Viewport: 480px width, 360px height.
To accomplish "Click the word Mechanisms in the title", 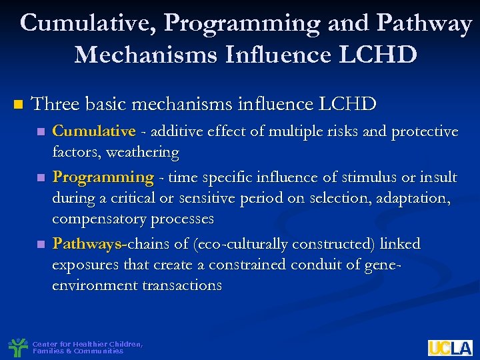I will pos(146,54).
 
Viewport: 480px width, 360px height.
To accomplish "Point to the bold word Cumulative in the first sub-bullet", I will pos(94,131).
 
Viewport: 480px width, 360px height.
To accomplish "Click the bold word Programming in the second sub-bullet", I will pos(103,177).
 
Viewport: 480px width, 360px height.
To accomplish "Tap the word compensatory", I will pos(99,219).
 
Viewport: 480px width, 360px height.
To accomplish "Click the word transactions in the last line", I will pos(182,285).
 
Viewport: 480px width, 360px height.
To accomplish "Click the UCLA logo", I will pos(450,347).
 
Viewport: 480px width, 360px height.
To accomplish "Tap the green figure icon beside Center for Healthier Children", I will pos(18,347).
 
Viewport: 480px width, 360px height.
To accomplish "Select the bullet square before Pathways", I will pos(42,245).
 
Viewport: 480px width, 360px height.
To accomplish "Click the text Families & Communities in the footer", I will pos(78,351).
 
